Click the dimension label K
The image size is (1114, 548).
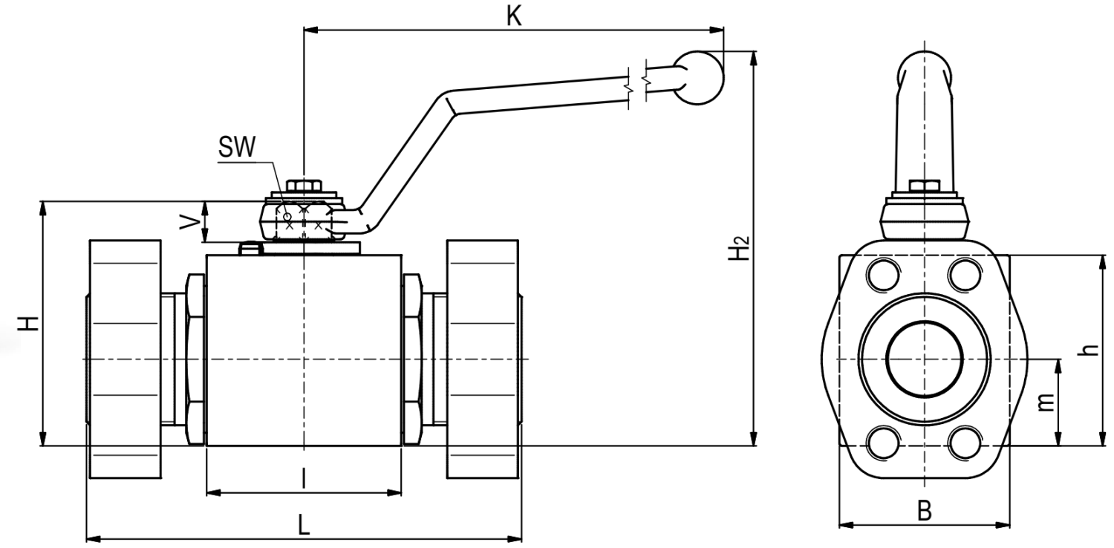pyautogui.click(x=514, y=16)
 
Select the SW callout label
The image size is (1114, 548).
pyautogui.click(x=237, y=147)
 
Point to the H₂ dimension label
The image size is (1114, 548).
pyautogui.click(x=738, y=248)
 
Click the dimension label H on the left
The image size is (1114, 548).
pyautogui.click(x=28, y=323)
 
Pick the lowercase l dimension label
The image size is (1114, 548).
pyautogui.click(x=304, y=478)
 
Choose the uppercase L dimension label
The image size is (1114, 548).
pyautogui.click(x=304, y=525)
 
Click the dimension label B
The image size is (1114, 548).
pyautogui.click(x=924, y=511)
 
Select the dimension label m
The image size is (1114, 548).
pyautogui.click(x=1046, y=402)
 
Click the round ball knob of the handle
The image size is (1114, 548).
pyautogui.click(x=698, y=77)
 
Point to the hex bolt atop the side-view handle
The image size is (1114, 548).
pyautogui.click(x=925, y=186)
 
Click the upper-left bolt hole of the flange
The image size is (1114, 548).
pyautogui.click(x=883, y=274)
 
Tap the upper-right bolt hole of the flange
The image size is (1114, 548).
pyautogui.click(x=965, y=274)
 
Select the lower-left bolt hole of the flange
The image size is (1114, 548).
pyautogui.click(x=883, y=442)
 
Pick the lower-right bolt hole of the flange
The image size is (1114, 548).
pyautogui.click(x=965, y=442)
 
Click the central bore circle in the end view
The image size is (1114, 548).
pyautogui.click(x=924, y=359)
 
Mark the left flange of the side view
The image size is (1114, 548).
pyautogui.click(x=125, y=359)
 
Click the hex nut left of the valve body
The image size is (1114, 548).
pyautogui.click(x=195, y=359)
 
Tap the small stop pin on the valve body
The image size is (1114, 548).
pyautogui.click(x=251, y=248)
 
